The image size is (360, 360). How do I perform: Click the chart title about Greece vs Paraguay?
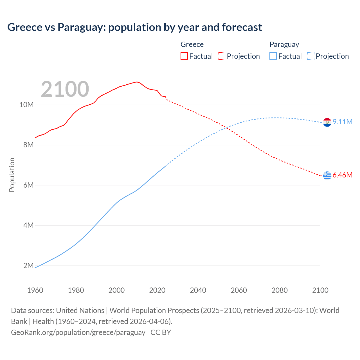click(x=134, y=27)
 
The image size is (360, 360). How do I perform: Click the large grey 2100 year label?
click(x=65, y=89)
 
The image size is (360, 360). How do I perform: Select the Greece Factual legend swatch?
click(x=184, y=56)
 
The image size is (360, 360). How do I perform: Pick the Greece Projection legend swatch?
click(x=222, y=56)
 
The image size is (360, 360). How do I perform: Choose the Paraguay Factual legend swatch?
click(x=273, y=56)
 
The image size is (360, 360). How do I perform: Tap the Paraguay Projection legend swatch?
click(x=310, y=56)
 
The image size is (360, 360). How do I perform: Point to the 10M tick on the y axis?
click(x=26, y=105)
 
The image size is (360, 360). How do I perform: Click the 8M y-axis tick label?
click(x=28, y=145)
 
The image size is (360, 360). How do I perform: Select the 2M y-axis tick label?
click(x=28, y=266)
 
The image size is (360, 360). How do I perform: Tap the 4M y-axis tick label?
click(x=28, y=226)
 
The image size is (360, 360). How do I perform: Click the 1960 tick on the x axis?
click(x=35, y=290)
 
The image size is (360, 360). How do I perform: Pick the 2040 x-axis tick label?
click(x=198, y=290)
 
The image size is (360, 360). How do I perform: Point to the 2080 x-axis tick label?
click(x=280, y=290)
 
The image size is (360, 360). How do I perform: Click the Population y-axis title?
click(x=12, y=175)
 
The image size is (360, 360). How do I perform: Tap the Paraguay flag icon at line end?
click(x=327, y=122)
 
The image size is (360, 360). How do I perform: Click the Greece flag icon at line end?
click(x=327, y=175)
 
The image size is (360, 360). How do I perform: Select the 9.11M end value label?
click(x=343, y=122)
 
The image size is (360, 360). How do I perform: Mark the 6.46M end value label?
click(x=343, y=175)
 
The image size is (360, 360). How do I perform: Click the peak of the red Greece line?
click(x=137, y=82)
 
